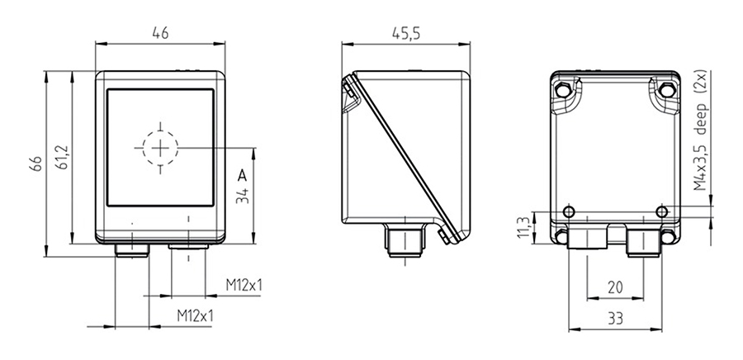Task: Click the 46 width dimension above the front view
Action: (x=159, y=35)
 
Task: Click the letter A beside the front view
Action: (x=241, y=176)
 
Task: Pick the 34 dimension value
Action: (x=242, y=196)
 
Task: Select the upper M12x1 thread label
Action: (x=244, y=286)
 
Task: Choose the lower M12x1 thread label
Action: (x=196, y=315)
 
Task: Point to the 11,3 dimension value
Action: (x=521, y=228)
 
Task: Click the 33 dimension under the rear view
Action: (x=614, y=317)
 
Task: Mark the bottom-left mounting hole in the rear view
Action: (x=562, y=238)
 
